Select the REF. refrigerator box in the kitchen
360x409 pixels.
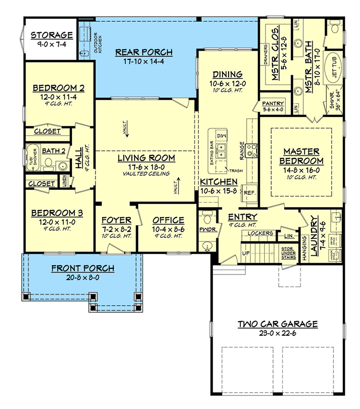tap(250, 192)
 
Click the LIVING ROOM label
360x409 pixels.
tap(146, 158)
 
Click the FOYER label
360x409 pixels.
tap(117, 220)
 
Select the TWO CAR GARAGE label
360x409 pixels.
tap(278, 324)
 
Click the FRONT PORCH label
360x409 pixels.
tap(82, 268)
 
